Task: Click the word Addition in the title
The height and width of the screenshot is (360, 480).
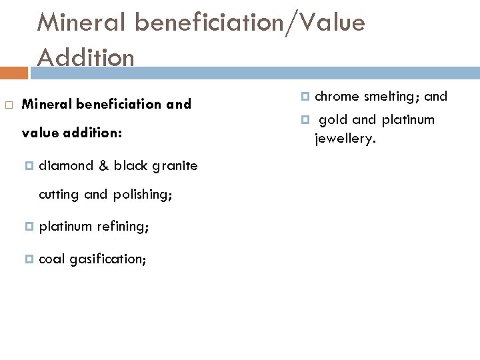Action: click(x=85, y=57)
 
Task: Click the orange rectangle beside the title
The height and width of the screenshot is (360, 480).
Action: click(x=14, y=72)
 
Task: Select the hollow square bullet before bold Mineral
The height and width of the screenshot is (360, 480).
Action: click(x=8, y=105)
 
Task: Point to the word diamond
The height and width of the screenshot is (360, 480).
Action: click(x=67, y=165)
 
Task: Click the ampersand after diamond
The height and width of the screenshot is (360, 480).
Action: click(x=103, y=165)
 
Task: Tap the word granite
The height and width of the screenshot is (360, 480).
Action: click(x=175, y=165)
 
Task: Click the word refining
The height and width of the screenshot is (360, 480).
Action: click(x=123, y=227)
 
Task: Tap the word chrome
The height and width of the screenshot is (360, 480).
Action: click(x=337, y=96)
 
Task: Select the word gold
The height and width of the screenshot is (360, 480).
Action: click(x=333, y=120)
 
